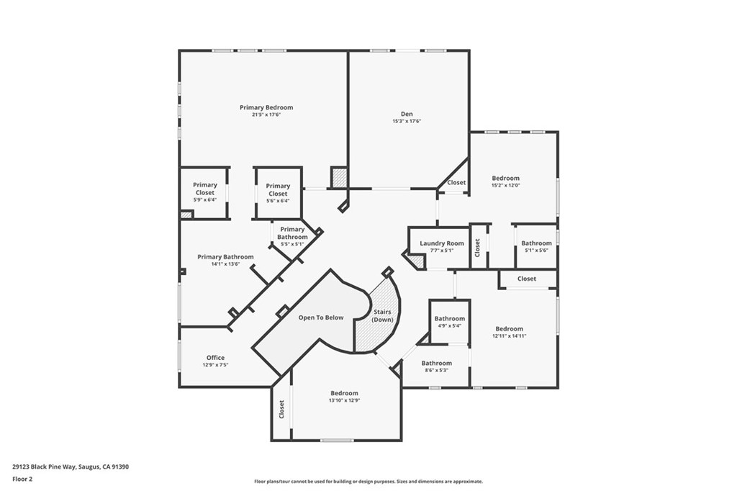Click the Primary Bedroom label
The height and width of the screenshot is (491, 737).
point(266,107)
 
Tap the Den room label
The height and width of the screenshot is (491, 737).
point(407,114)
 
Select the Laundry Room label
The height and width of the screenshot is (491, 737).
point(442,243)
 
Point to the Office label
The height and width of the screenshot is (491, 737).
point(215,358)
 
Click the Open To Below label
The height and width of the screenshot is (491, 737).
point(321,317)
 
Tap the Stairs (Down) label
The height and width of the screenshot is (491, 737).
point(381,315)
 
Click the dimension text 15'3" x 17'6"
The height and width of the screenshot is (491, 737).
point(407,122)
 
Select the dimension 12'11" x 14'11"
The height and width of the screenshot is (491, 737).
point(510,336)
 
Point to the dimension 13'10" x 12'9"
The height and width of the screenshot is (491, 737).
point(344,400)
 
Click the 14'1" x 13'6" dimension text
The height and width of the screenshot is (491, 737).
point(225,264)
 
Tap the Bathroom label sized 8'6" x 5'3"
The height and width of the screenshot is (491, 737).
point(437,363)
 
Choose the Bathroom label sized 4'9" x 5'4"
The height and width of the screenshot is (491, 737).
point(450,318)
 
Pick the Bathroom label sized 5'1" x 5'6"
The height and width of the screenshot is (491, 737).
point(536,243)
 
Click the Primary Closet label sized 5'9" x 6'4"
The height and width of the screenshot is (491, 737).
point(205,189)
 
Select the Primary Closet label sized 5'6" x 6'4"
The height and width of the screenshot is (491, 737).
point(278,190)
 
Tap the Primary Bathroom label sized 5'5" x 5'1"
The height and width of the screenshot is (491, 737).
point(293,233)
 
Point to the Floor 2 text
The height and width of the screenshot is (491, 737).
point(23,478)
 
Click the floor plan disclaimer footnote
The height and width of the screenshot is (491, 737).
point(368,482)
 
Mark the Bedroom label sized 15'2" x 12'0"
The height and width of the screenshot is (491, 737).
point(505,178)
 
